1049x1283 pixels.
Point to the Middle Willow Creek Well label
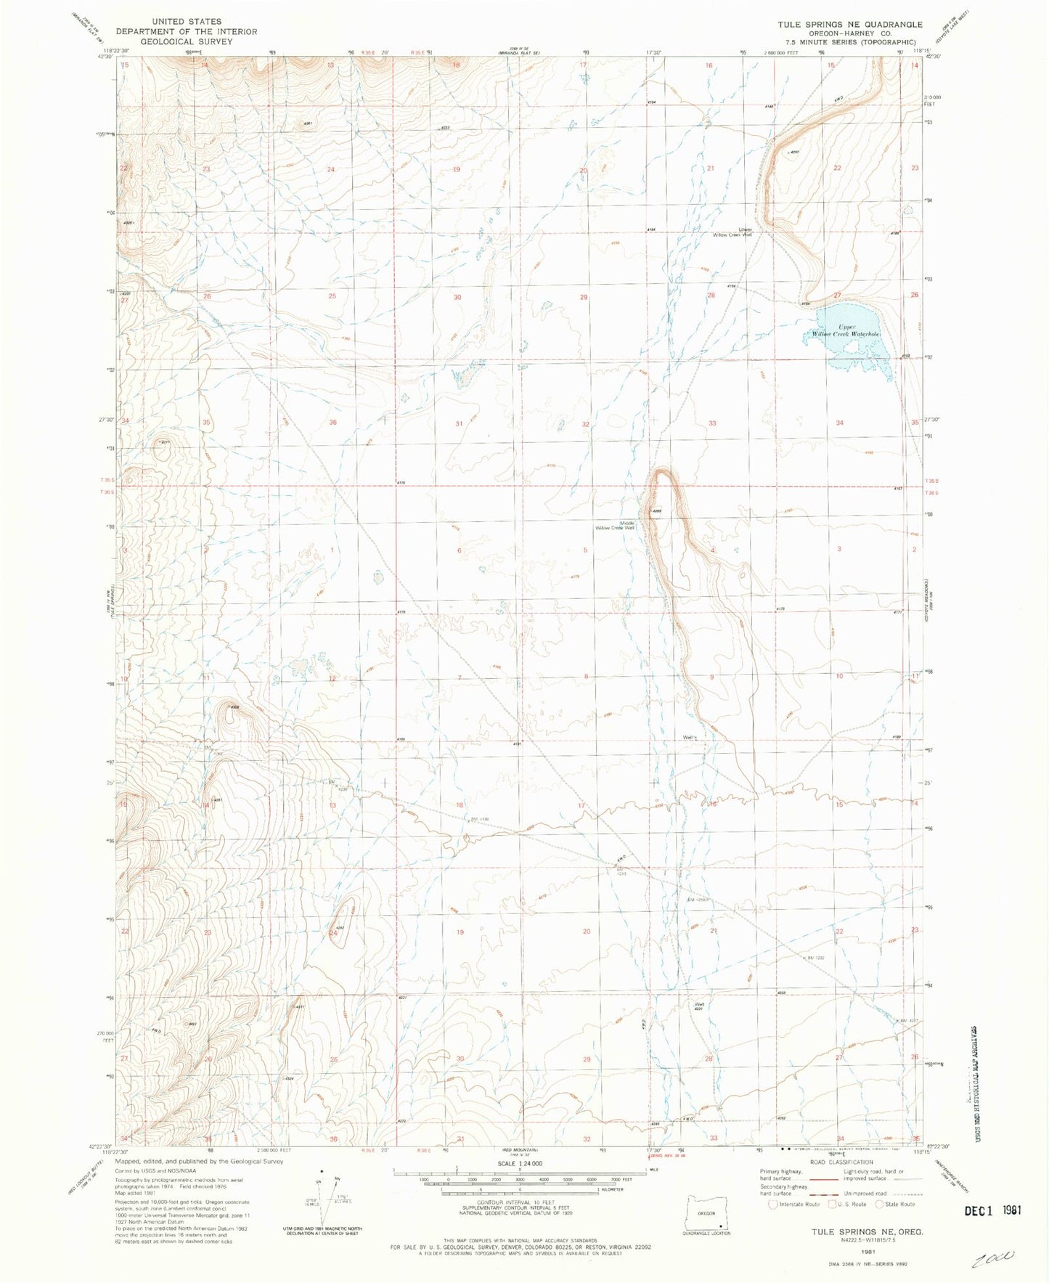pyautogui.click(x=615, y=525)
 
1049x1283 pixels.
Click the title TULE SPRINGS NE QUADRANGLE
pyautogui.click(x=850, y=24)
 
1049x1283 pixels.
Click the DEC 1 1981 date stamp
pyautogui.click(x=992, y=1210)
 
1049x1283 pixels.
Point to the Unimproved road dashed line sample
pyautogui.click(x=906, y=1194)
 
